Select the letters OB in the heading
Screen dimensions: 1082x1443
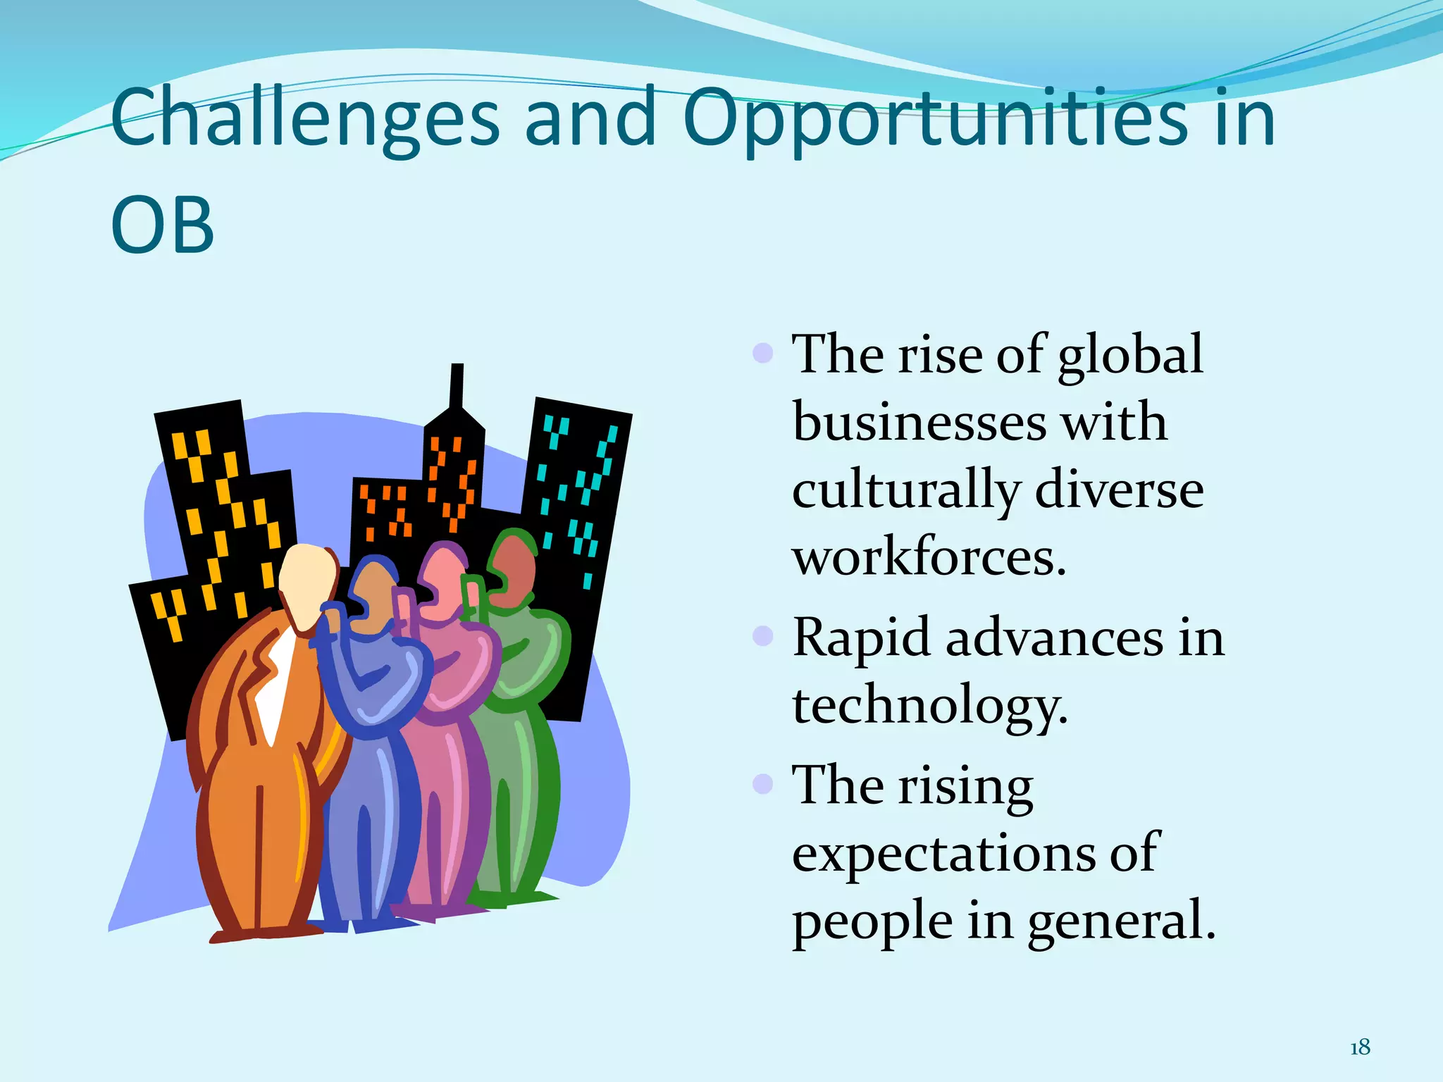tap(163, 225)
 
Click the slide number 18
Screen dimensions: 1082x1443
tap(1360, 1047)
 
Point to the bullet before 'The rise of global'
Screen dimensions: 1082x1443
tap(763, 352)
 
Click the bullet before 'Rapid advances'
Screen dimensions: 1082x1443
tap(763, 637)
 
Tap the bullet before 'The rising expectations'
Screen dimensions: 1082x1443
tap(763, 783)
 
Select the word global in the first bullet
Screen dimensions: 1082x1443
tap(1130, 356)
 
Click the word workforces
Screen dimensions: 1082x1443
tap(929, 556)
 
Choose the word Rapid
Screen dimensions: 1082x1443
tap(861, 638)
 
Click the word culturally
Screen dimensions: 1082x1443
tap(906, 490)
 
